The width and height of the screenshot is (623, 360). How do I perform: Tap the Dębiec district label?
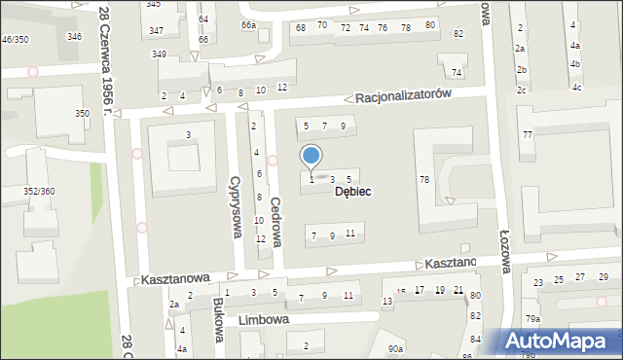pos(352,192)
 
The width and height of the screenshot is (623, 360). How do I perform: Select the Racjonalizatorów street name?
pos(403,96)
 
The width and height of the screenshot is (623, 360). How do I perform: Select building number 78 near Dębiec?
pos(424,179)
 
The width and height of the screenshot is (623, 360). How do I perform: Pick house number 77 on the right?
pos(528,134)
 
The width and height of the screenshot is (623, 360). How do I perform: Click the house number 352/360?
pos(39,191)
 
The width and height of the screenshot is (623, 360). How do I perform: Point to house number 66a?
pos(249,25)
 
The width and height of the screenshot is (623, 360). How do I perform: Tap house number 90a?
pos(394,348)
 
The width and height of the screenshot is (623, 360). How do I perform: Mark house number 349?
pos(160,54)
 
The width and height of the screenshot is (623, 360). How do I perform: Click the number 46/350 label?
pos(15,39)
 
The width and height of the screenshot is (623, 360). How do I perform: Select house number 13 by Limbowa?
pos(386,303)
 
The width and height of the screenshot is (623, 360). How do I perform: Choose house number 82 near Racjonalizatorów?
pos(458,34)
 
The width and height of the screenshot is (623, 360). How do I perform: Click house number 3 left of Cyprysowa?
pos(188,134)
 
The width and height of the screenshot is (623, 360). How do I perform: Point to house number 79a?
pos(532,318)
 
